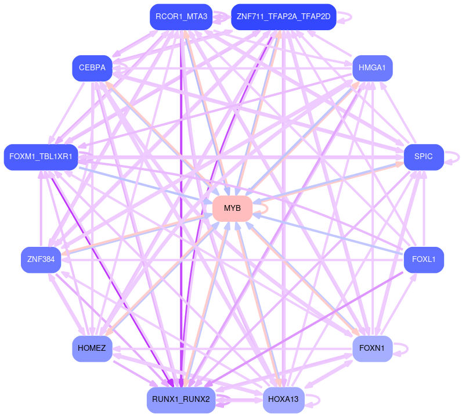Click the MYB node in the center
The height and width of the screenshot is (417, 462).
pos(232,208)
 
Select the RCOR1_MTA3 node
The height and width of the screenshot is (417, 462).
pos(182,17)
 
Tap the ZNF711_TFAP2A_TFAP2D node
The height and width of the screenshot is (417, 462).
pos(283,17)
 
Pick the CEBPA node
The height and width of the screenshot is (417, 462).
pos(92,69)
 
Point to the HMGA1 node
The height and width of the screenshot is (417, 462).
pos(372,69)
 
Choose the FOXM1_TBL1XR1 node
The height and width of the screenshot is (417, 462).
pos(41,157)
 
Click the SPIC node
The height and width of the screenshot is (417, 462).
pos(423,157)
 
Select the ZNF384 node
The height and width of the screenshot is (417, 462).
pos(41,260)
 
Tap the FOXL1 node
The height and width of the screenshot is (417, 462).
pos(423,260)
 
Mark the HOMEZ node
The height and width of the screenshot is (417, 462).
pos(92,348)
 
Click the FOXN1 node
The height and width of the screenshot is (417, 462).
pos(372,348)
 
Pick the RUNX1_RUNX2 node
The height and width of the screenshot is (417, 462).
pos(181,400)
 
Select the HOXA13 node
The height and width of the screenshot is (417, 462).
pos(283,400)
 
